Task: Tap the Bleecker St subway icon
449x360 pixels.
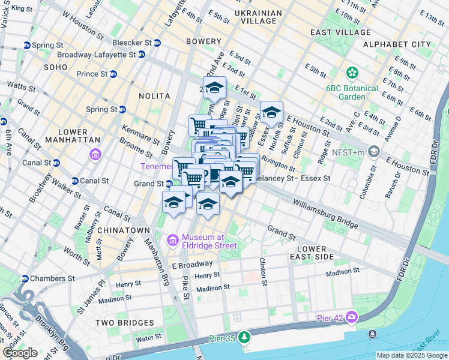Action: click(157, 43)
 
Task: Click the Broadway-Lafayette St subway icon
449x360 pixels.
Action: click(142, 55)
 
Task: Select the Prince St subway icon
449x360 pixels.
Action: click(113, 74)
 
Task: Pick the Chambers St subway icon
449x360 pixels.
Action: click(25, 278)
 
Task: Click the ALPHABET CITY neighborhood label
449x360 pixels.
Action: click(397, 44)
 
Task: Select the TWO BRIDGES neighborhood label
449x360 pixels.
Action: click(125, 323)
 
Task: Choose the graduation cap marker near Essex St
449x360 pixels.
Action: click(271, 112)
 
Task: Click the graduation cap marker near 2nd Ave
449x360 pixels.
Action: click(214, 88)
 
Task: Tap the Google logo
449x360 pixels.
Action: click(20, 353)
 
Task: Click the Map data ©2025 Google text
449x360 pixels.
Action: click(411, 355)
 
